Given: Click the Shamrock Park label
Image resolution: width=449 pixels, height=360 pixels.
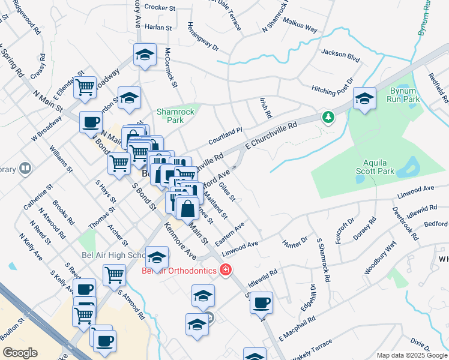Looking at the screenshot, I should [x=170, y=115].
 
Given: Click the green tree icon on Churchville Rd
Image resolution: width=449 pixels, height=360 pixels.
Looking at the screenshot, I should [x=328, y=116].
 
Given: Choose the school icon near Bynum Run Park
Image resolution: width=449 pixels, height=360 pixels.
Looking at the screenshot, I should [x=364, y=100].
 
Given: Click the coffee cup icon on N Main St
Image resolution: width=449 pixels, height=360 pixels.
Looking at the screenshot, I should [x=91, y=122].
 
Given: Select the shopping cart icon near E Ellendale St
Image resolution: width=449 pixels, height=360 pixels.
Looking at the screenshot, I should [x=85, y=88].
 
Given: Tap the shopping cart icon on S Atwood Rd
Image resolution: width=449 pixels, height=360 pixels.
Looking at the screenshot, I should [x=114, y=275].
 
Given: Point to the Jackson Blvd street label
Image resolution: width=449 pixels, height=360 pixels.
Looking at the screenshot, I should [x=340, y=55].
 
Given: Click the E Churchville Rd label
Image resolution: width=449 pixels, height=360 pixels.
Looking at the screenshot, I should [x=272, y=137].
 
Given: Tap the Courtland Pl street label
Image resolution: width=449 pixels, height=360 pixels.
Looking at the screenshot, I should [x=224, y=135].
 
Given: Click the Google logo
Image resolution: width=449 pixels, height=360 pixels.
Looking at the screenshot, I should [x=20, y=353].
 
